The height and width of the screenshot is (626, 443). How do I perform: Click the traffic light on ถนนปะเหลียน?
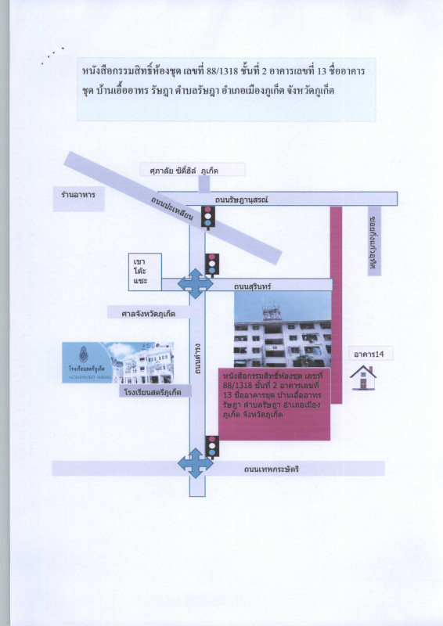coord(207,217)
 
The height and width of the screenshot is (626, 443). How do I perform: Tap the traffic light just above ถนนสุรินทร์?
coord(211,264)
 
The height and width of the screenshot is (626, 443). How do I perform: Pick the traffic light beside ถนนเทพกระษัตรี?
coord(211,446)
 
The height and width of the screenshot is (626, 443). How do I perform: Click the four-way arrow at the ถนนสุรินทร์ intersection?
coord(194,283)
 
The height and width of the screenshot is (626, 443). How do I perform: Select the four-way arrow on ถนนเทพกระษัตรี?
coord(195,463)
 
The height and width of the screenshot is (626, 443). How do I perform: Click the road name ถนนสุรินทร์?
coord(252,287)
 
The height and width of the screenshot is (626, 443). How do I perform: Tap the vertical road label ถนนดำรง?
coord(198,356)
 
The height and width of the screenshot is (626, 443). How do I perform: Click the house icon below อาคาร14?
coord(363,378)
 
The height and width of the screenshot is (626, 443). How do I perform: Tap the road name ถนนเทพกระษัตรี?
coord(272,468)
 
